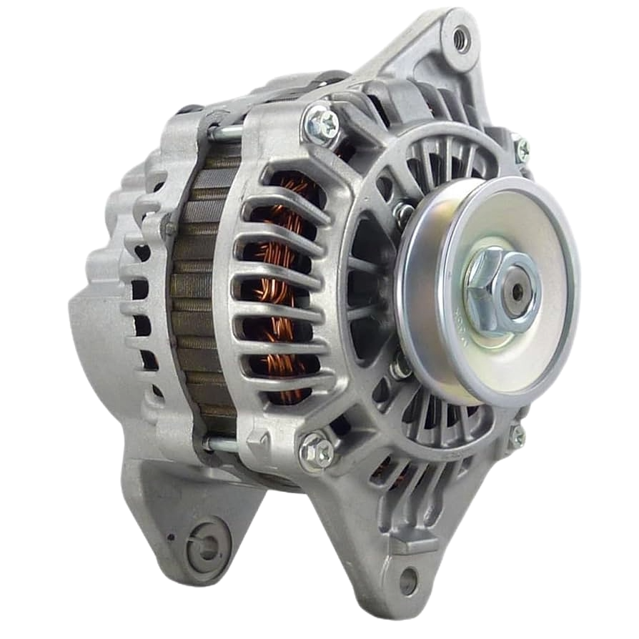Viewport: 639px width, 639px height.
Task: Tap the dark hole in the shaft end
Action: (x=513, y=291)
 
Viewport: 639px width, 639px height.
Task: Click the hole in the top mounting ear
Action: (x=460, y=36)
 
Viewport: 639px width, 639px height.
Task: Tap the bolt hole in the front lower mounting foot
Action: (x=408, y=580)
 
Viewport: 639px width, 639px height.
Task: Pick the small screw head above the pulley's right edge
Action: (x=522, y=149)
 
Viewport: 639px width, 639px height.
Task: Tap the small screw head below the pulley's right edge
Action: (x=516, y=435)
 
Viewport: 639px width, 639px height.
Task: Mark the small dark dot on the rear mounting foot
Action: (x=170, y=538)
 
